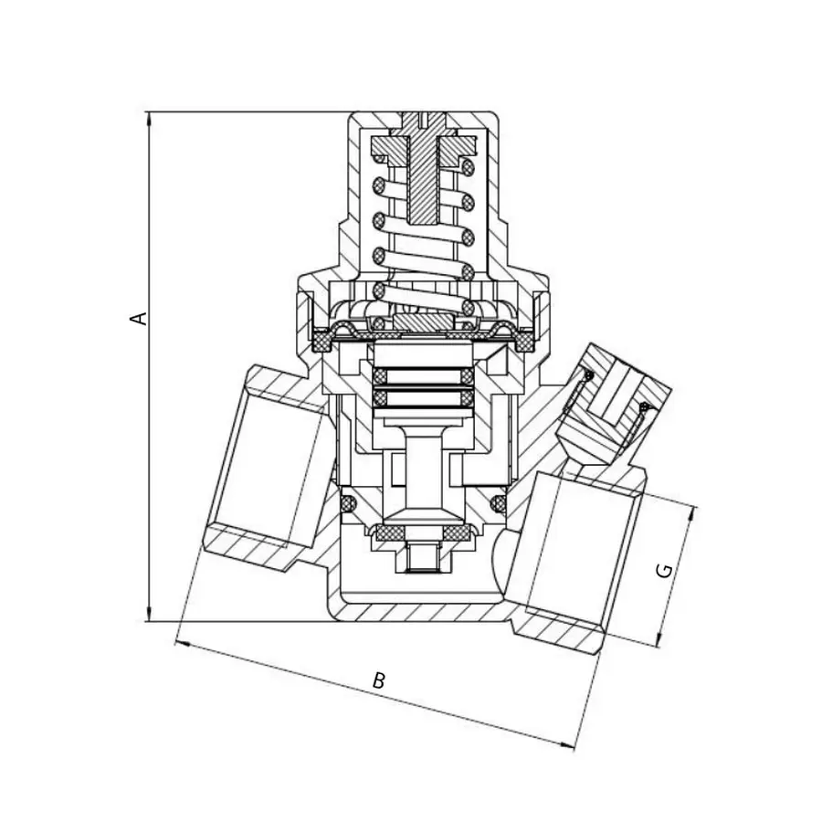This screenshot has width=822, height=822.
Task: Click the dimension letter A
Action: click(x=139, y=318)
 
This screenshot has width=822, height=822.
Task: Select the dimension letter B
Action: click(x=378, y=680)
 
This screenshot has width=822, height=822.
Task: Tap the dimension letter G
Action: click(x=665, y=571)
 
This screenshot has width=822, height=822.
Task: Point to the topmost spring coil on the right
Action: click(x=469, y=168)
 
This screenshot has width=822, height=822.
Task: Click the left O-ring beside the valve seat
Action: click(x=348, y=503)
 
